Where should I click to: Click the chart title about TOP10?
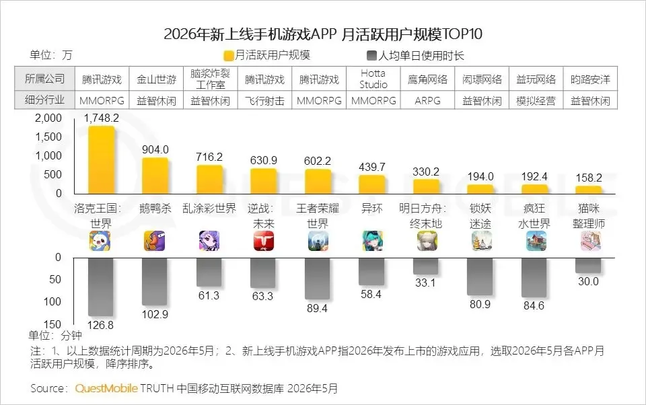323,34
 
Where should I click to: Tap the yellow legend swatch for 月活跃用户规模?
229,56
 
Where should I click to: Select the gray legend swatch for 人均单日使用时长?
371,56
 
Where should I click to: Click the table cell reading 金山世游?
157,79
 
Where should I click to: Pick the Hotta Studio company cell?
373,79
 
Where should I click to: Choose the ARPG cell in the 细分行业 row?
428,100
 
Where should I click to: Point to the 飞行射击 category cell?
264,100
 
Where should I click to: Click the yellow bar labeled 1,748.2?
102,160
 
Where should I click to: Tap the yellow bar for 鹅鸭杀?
155,176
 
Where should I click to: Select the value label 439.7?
372,167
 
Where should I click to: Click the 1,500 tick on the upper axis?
48,137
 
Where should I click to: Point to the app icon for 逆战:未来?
264,241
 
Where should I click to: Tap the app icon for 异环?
372,241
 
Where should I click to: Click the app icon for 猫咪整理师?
590,241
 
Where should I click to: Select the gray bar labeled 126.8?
101,287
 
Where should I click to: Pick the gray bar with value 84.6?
534,277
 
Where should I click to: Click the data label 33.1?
425,283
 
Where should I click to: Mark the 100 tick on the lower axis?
52,301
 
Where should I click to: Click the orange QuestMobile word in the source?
106,388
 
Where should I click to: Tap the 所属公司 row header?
44,79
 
